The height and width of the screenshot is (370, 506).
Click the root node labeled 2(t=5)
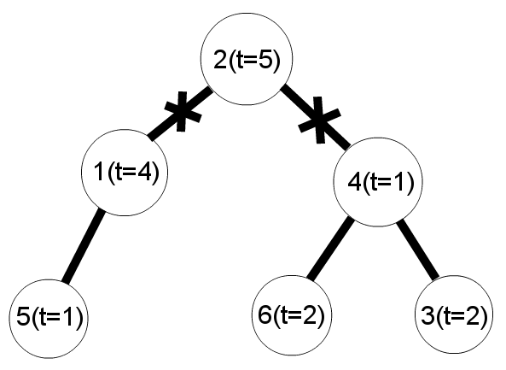[247, 59]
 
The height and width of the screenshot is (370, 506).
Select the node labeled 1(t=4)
[125, 173]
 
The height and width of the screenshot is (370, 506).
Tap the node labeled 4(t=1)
[378, 182]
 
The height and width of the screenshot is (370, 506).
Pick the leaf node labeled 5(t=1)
[49, 319]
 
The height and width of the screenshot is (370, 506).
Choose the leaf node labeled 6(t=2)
[292, 315]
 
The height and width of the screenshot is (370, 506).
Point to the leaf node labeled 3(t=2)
[454, 314]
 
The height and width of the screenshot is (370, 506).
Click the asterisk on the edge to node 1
[183, 111]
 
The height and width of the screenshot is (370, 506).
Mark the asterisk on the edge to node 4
[319, 120]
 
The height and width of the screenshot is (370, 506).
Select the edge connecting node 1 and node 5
[84, 246]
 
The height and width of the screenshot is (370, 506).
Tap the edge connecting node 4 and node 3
[418, 249]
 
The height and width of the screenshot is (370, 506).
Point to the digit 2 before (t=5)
[220, 60]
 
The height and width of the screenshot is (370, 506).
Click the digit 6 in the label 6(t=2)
[265, 314]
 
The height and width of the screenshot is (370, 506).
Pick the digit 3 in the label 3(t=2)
[427, 315]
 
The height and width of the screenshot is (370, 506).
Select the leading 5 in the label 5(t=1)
[23, 317]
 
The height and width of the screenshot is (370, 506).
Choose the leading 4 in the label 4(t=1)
[354, 182]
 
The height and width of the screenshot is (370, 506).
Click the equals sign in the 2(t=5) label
[253, 61]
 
